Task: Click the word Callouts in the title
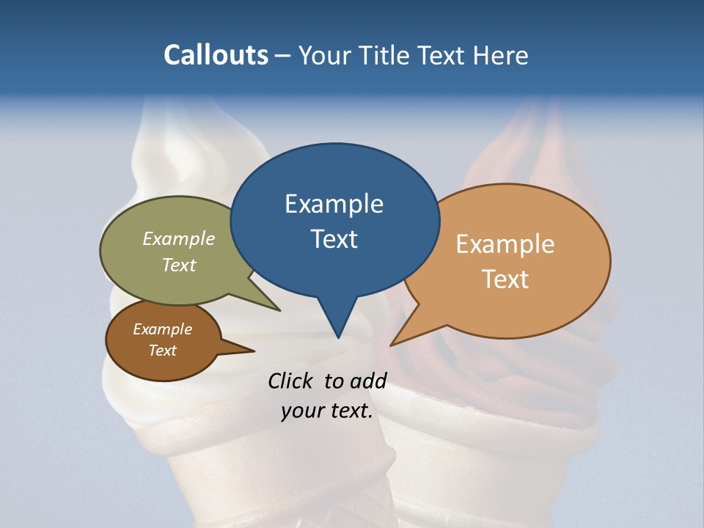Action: [x=216, y=55]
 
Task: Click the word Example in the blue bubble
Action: [x=334, y=204]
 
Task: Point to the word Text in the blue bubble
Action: [x=334, y=239]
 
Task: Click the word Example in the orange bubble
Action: [x=505, y=244]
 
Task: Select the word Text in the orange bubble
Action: [x=505, y=279]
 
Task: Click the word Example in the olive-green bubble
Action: [x=179, y=239]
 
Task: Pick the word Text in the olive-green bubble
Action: [x=179, y=265]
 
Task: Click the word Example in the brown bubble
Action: [x=162, y=329]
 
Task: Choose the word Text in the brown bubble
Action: [x=162, y=351]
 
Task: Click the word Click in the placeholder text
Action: [x=292, y=381]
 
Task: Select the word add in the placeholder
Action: [x=368, y=381]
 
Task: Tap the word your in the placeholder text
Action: [x=301, y=411]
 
